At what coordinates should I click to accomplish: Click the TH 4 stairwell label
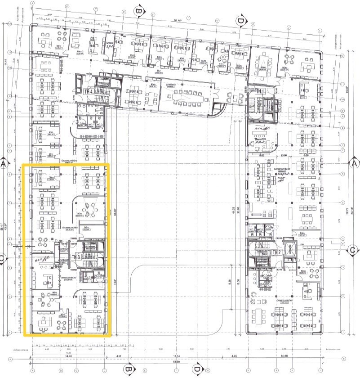(89, 91)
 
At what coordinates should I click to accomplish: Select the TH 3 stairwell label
(76, 257)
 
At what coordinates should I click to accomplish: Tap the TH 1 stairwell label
(259, 90)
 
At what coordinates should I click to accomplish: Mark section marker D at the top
(240, 20)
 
